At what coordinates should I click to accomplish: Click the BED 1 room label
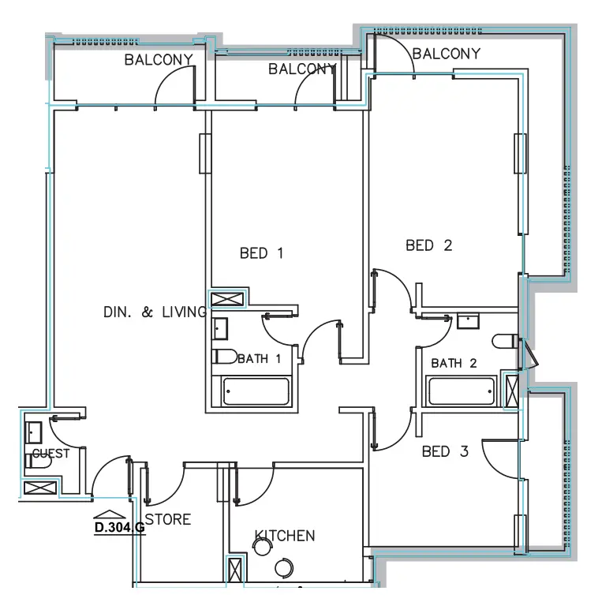261,253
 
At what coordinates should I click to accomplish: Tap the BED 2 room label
428,245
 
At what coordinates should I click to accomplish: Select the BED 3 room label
445,452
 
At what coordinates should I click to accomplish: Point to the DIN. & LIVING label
155,312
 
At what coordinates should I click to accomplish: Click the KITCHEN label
285,537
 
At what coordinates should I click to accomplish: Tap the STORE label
168,520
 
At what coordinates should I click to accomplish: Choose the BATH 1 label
259,359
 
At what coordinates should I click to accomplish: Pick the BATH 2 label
454,364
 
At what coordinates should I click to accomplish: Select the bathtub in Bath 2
462,391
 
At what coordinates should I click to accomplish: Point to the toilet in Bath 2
503,342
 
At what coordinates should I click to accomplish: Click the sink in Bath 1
221,327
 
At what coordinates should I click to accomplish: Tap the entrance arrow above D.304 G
103,514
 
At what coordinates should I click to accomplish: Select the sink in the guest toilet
34,432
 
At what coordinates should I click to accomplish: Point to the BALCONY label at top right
446,54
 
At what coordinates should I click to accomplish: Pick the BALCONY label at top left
159,61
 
